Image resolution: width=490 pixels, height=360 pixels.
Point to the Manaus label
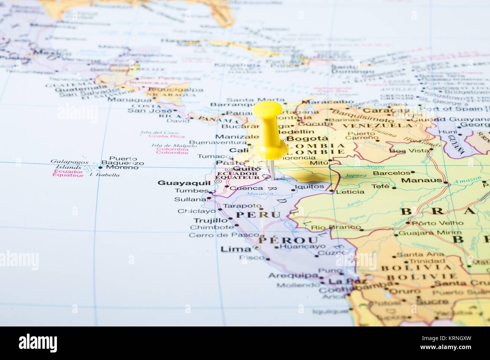coord(421,180)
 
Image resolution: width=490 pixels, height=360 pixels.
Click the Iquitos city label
coord(309,186)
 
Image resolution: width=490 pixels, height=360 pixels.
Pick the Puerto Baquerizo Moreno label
coord(122,163)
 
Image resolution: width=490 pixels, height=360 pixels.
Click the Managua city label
coord(129,100)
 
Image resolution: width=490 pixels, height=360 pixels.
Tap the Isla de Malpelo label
coord(169,145)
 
